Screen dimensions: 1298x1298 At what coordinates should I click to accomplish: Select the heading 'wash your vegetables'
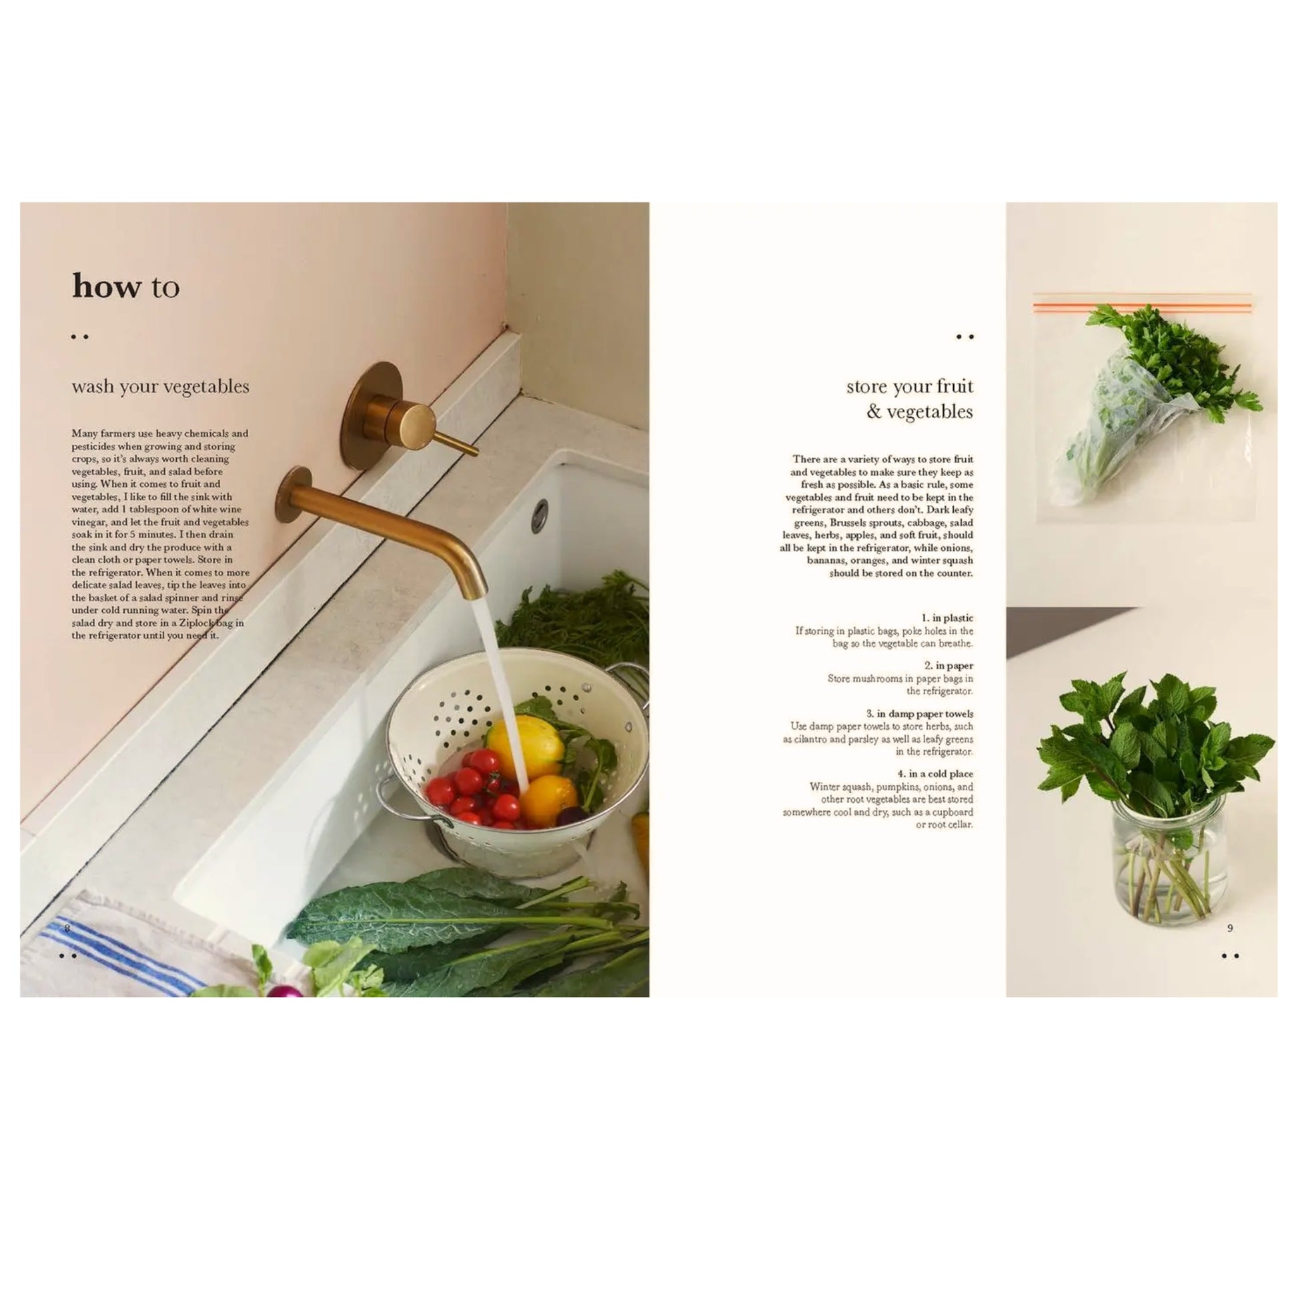pyautogui.click(x=161, y=386)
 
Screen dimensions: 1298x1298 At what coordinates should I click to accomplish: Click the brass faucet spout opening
pyautogui.click(x=476, y=593)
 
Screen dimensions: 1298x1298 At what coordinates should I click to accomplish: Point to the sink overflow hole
pyautogui.click(x=540, y=516)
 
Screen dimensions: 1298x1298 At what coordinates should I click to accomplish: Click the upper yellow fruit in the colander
pyautogui.click(x=524, y=746)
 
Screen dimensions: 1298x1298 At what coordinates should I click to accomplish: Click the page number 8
pyautogui.click(x=67, y=928)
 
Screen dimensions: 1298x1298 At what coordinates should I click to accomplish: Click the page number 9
pyautogui.click(x=1230, y=928)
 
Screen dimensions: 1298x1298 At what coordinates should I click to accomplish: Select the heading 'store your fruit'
pyautogui.click(x=910, y=386)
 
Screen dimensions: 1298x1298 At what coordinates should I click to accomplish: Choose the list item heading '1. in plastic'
pyautogui.click(x=947, y=618)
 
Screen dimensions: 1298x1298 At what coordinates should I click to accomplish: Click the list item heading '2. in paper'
pyautogui.click(x=948, y=665)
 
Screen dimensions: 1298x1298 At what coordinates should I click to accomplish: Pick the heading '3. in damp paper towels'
pyautogui.click(x=920, y=714)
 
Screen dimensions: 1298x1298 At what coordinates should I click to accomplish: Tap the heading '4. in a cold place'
pyautogui.click(x=935, y=773)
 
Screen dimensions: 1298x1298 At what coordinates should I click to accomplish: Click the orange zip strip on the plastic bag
pyautogui.click(x=1143, y=307)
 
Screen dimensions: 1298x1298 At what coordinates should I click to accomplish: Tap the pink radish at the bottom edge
pyautogui.click(x=285, y=990)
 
